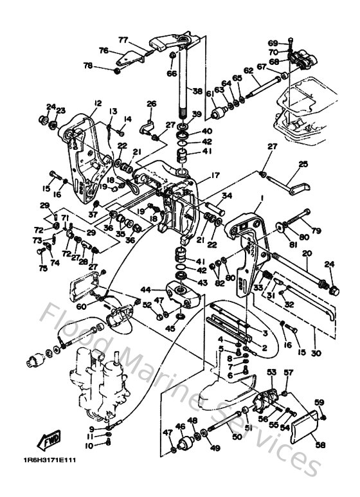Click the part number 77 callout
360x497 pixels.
pyautogui.click(x=123, y=39)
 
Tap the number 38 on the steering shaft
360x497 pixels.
pyautogui.click(x=197, y=91)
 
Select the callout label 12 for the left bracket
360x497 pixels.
pyautogui.click(x=98, y=103)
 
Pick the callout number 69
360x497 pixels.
pyautogui.click(x=273, y=42)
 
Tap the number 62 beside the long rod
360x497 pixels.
pyautogui.click(x=248, y=71)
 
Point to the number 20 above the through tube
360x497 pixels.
pyautogui.click(x=307, y=253)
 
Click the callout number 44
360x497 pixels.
pyautogui.click(x=146, y=290)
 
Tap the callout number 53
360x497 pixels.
pyautogui.click(x=271, y=372)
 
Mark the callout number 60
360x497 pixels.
pyautogui.click(x=81, y=307)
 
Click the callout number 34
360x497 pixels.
pyautogui.click(x=227, y=196)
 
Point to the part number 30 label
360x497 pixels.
pyautogui.click(x=316, y=353)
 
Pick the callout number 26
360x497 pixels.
pyautogui.click(x=152, y=104)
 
